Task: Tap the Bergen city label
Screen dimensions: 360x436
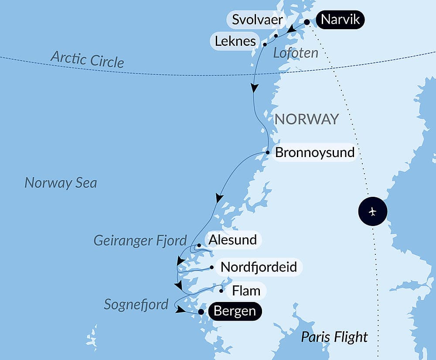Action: pos(235,312)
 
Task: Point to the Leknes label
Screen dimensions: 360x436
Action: pos(235,41)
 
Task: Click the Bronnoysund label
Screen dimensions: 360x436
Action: pos(315,153)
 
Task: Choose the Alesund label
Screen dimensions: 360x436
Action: pos(232,240)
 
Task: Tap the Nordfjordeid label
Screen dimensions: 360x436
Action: pos(259,267)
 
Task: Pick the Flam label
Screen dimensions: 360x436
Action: pos(246,291)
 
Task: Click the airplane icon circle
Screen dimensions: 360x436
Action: pos(372,212)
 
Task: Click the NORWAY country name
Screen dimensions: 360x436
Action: pos(307,119)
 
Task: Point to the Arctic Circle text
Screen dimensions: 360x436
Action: pos(87,59)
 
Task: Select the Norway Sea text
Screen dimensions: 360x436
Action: pos(61,182)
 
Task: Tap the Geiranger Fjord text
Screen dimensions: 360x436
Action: pos(140,240)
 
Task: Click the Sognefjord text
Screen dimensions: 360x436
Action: pos(136,304)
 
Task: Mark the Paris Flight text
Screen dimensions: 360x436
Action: pos(334,337)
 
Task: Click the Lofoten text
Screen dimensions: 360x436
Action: pos(296,53)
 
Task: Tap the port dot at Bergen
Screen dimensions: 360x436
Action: pos(201,312)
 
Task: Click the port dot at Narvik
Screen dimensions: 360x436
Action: pos(307,22)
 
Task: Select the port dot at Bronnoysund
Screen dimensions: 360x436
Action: pos(268,152)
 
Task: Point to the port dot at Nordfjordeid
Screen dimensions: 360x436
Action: pos(211,267)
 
